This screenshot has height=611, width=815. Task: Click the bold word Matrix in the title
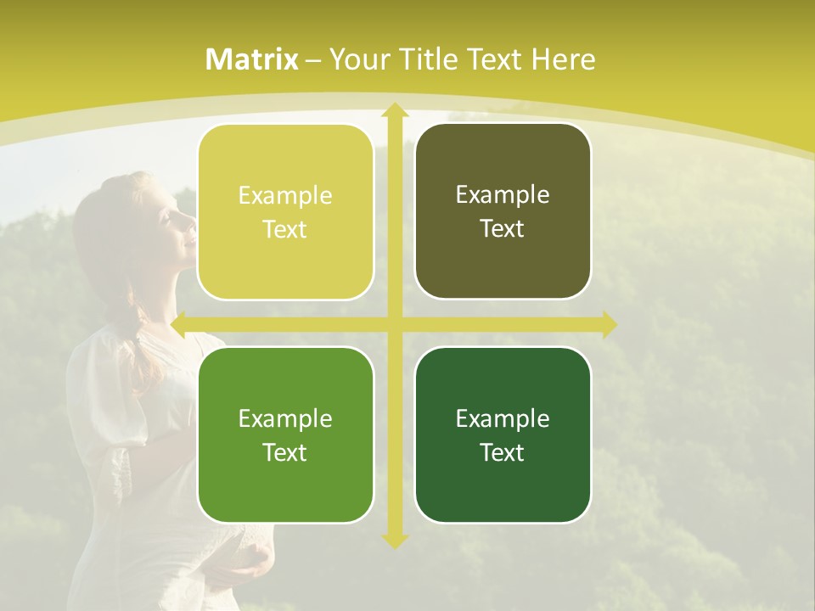pos(252,59)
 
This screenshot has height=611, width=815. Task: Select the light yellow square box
pos(285,212)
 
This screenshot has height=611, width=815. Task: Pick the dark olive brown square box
pos(503,211)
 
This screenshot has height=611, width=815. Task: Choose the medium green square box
pos(285,434)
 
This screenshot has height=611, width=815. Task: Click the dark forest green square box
pos(503,434)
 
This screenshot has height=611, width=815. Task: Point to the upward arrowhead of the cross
pos(394,110)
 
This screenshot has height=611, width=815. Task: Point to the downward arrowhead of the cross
pos(394,540)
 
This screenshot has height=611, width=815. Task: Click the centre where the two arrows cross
pos(394,324)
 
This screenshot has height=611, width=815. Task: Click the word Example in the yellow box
pos(285,196)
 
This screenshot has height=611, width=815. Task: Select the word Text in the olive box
pos(503,229)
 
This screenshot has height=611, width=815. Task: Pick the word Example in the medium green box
pos(285,418)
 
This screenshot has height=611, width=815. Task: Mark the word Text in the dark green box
pos(503,452)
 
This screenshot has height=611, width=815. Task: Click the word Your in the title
pos(356,59)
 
